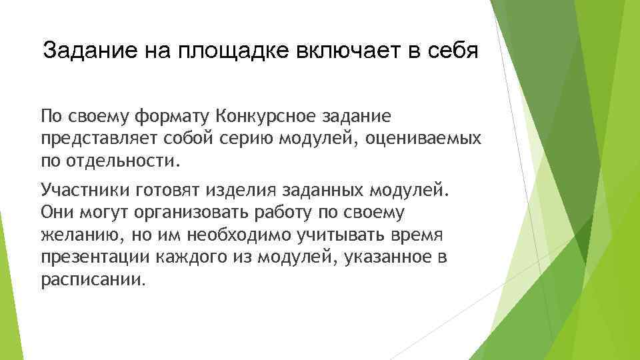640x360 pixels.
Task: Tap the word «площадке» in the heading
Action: (x=222, y=51)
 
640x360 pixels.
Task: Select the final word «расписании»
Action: (x=91, y=279)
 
